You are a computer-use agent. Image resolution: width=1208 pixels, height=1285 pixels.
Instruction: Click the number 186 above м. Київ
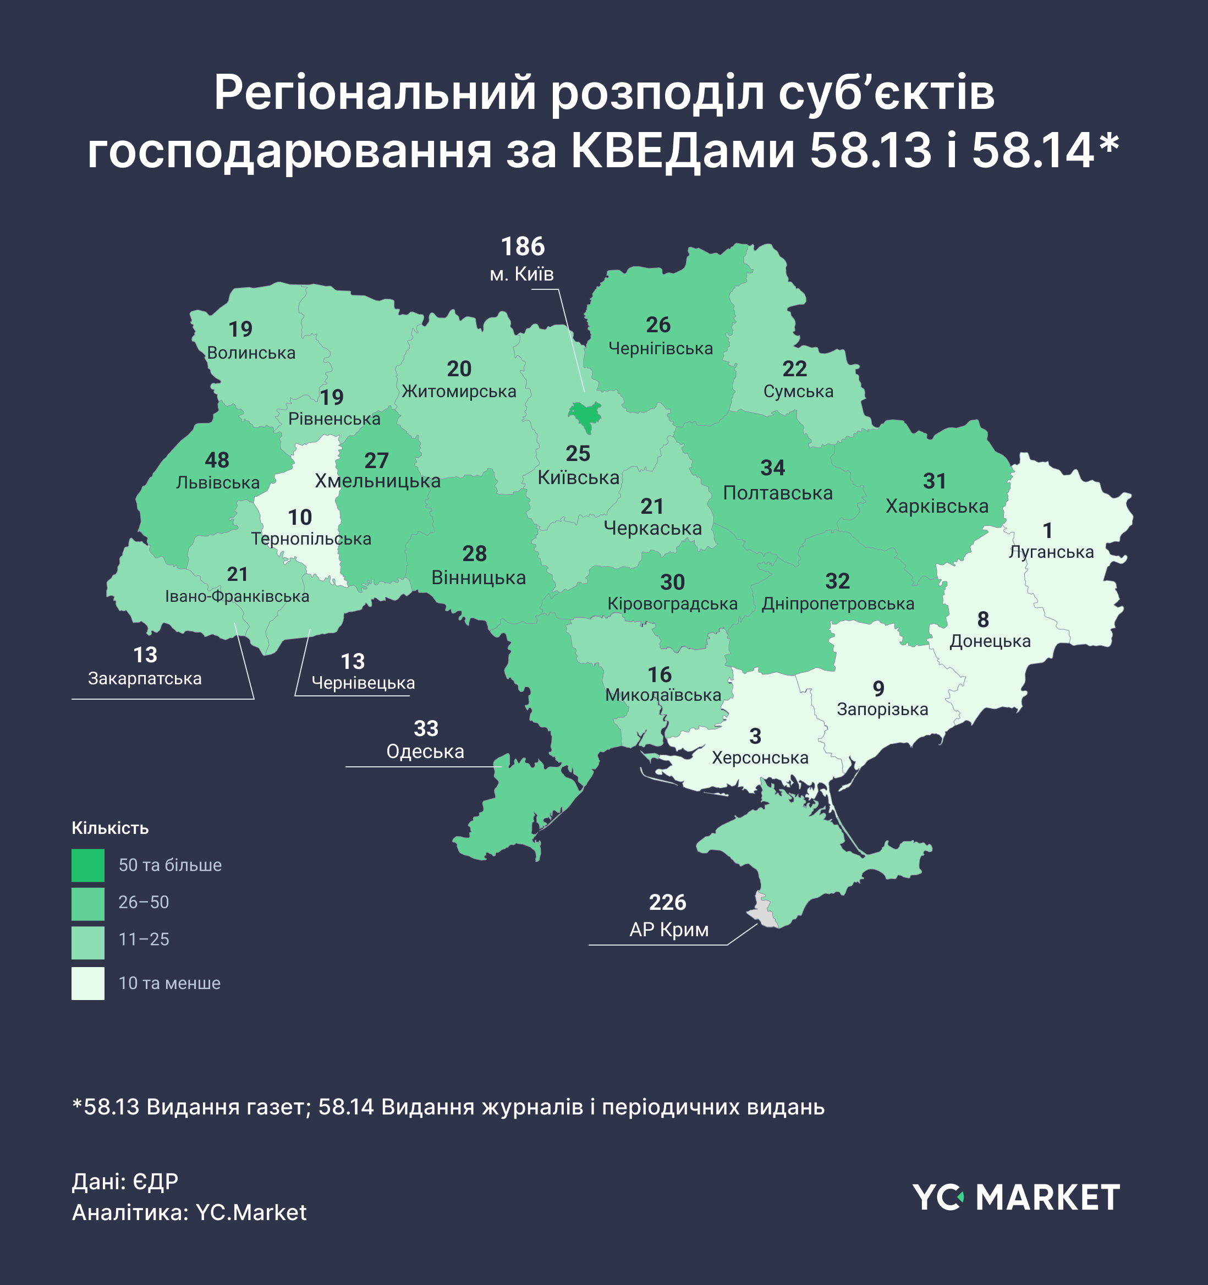coord(523,247)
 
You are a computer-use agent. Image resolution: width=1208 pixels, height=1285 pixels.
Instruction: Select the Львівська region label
coord(218,483)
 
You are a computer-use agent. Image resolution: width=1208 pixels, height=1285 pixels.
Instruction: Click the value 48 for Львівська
coord(217,460)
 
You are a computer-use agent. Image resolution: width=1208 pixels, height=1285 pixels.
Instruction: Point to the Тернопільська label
coord(311,539)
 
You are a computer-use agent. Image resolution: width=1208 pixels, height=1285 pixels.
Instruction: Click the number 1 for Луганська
coord(1048,531)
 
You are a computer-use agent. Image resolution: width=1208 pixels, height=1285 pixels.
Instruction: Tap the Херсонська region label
coord(760,757)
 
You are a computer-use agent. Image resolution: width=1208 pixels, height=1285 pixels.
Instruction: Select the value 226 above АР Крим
coord(668,902)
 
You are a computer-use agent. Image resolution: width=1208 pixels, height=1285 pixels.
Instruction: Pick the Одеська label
coord(425,752)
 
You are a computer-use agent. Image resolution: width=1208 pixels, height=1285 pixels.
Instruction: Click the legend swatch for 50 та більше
coord(88,865)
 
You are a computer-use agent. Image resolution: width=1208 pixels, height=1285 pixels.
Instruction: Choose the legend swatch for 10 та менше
coord(88,983)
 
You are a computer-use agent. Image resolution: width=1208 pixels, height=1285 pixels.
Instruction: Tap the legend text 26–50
coord(144,902)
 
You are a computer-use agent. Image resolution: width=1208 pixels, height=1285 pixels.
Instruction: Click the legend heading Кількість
coord(110,828)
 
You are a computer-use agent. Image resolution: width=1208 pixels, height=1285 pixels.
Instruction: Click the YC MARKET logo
coord(1016,1198)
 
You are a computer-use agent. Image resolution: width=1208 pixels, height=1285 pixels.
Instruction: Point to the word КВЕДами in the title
coord(683,151)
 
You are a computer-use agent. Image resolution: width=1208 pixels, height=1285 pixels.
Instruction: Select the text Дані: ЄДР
coord(125,1182)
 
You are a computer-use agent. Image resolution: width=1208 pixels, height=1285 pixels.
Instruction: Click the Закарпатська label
coord(145,679)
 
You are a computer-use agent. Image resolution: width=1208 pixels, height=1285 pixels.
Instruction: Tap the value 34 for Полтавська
coord(772,468)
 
